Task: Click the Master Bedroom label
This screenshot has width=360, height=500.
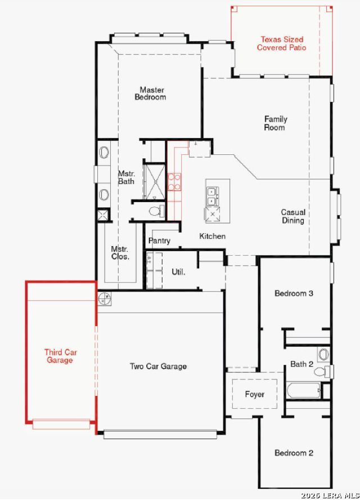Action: tap(150, 93)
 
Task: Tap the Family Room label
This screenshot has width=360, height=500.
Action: tap(275, 123)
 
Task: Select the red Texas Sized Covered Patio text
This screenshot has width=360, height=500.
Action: tap(282, 43)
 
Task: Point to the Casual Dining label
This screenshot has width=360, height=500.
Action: tap(293, 216)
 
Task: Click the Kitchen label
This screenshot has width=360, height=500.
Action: tap(212, 236)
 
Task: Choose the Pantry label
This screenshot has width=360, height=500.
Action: tap(159, 241)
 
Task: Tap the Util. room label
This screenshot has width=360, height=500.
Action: tap(178, 272)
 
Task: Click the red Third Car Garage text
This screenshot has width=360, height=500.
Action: tap(61, 356)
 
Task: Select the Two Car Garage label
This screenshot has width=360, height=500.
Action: tap(158, 366)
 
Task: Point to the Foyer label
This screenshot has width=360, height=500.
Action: tap(255, 395)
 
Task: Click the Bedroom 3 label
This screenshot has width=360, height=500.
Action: tap(294, 293)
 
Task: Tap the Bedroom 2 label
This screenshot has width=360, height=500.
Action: tap(294, 453)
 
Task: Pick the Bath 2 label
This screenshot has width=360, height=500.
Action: tap(301, 364)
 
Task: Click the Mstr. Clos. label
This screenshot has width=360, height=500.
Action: tap(120, 253)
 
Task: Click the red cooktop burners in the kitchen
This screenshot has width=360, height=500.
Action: tap(174, 182)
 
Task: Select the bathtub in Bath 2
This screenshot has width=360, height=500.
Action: tap(304, 390)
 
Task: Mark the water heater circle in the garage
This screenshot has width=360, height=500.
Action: tap(104, 299)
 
